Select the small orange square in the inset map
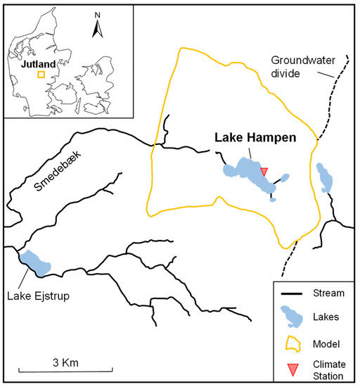click(41, 73)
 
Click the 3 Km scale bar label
click(70, 362)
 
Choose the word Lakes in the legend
click(324, 318)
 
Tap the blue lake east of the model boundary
click(325, 177)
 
